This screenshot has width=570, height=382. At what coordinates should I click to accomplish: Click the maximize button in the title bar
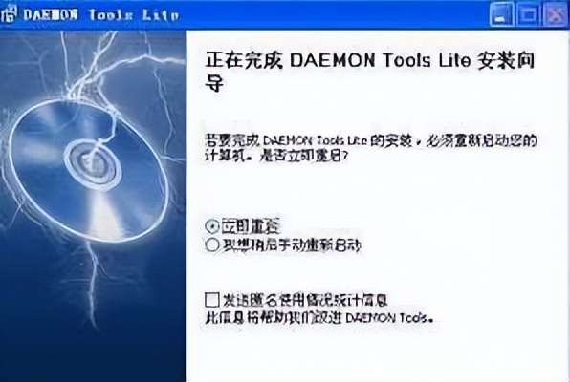(x=532, y=12)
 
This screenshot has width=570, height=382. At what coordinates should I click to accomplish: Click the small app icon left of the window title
(x=11, y=13)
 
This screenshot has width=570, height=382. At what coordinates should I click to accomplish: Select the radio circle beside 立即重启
(x=212, y=225)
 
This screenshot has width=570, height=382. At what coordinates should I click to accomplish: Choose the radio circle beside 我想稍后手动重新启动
(x=212, y=245)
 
